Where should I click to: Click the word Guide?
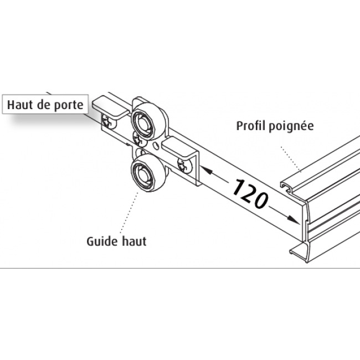(101, 241)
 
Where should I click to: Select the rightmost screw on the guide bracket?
(183, 164)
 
